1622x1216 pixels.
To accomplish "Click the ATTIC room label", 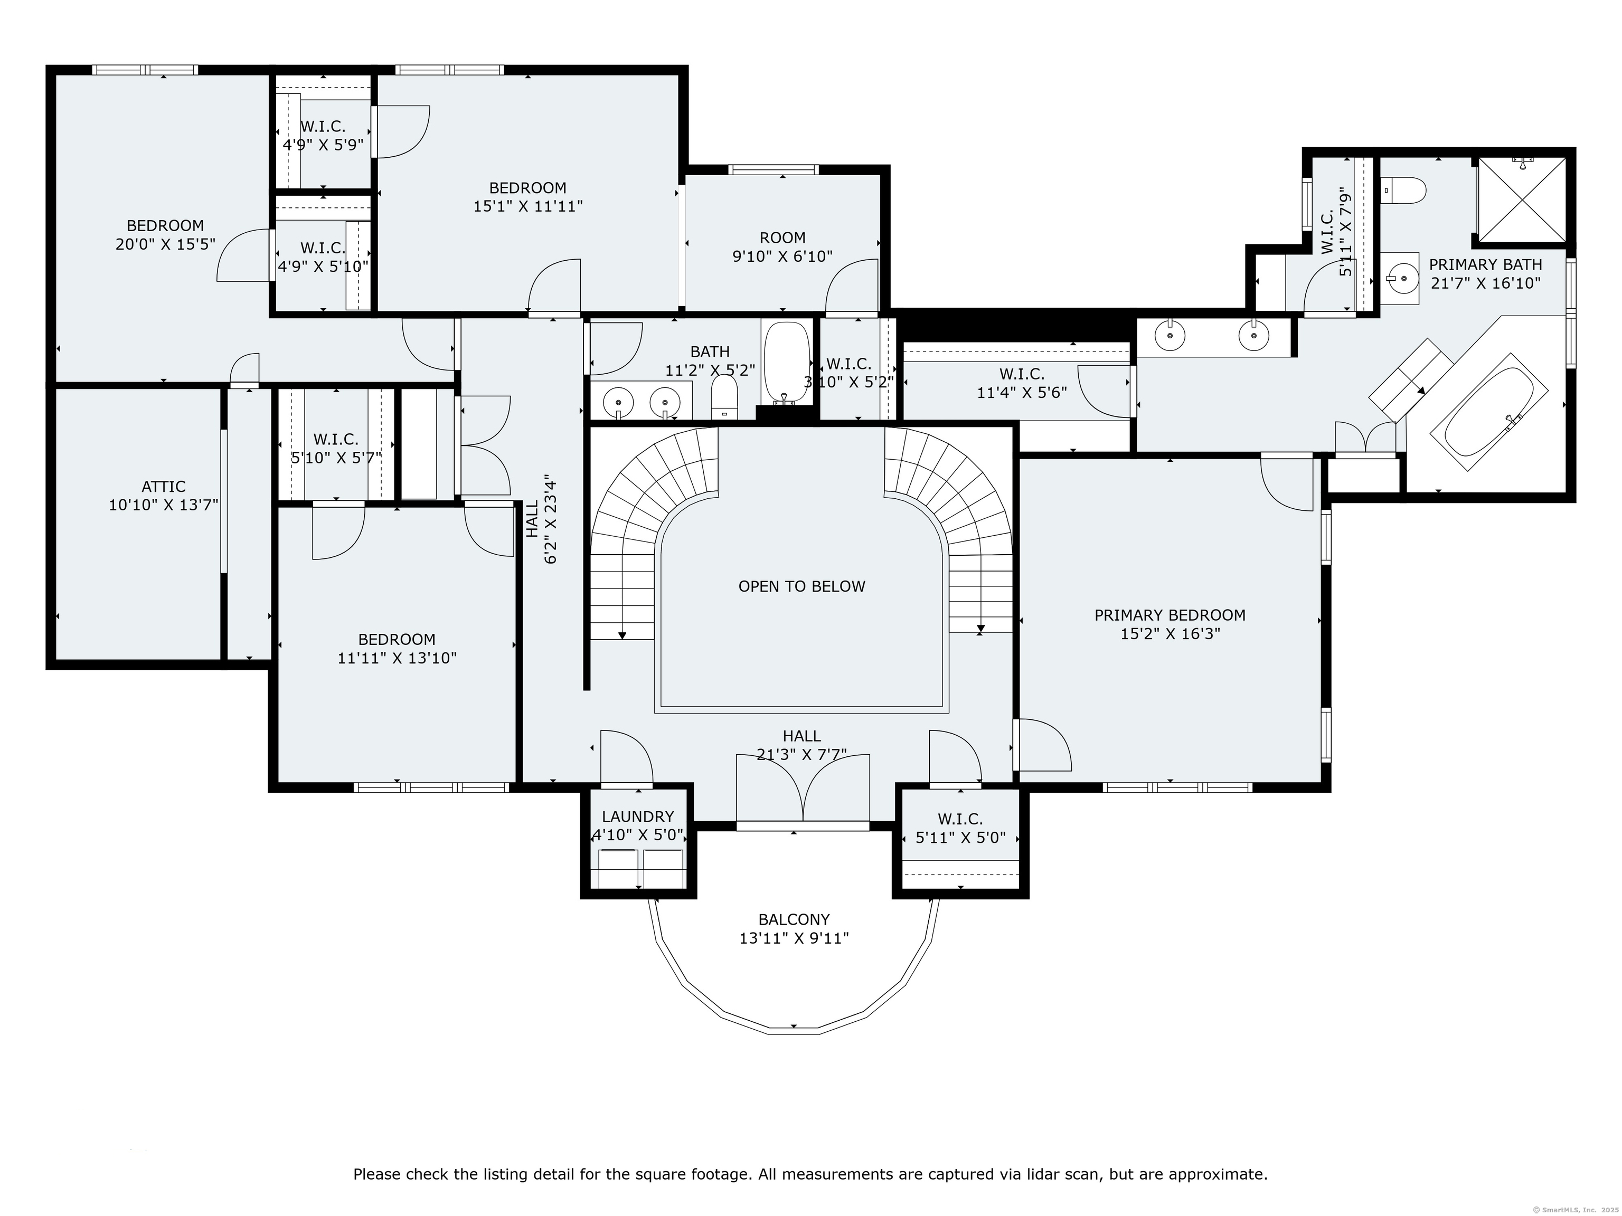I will coord(164,487).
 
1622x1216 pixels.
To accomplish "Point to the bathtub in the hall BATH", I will coord(786,363).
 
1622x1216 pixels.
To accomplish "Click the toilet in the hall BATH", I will coord(724,396).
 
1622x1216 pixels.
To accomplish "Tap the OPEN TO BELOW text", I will coord(801,586).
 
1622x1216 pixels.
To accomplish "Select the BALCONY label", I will coord(794,919).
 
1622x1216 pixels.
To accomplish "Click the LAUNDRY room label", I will coord(637,816).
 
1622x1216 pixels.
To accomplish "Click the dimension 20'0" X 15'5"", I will coord(165,244).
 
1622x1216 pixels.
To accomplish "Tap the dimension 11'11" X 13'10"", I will coord(397,658).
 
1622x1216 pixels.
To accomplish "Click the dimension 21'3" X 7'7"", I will coord(801,754).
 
